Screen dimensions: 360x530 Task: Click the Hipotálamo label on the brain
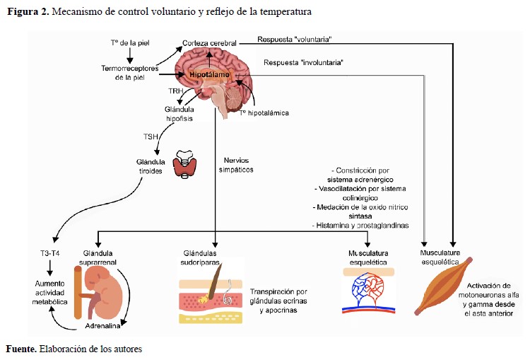206,73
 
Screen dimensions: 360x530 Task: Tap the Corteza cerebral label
209,43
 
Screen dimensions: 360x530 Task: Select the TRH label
176,93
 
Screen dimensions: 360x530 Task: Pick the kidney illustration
104,292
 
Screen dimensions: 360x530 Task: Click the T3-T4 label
50,252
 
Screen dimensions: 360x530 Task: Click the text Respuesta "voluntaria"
295,40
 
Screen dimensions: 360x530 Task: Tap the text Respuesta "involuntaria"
303,62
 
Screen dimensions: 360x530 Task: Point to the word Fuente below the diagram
20,349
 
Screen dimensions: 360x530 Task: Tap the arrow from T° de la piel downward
130,54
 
